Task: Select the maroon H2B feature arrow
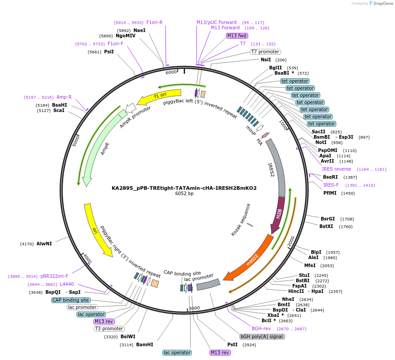point(279,216)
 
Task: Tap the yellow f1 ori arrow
point(160,96)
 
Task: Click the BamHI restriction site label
point(145,344)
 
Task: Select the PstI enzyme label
point(232,344)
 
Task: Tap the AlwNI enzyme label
point(44,244)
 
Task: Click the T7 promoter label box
point(265,52)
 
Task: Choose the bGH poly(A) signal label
point(262,337)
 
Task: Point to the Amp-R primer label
point(64,97)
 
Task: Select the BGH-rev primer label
point(261,328)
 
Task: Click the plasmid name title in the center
point(184,188)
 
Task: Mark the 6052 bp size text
point(184,194)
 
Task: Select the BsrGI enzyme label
point(327,219)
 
